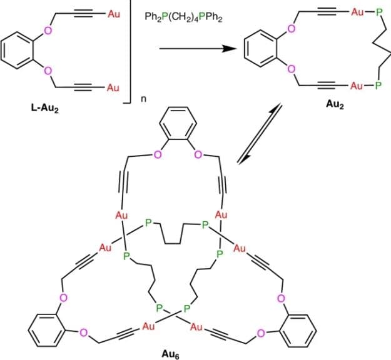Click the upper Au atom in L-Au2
(x=113, y=13)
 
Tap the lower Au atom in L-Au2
(x=113, y=87)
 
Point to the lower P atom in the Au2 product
(x=378, y=86)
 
